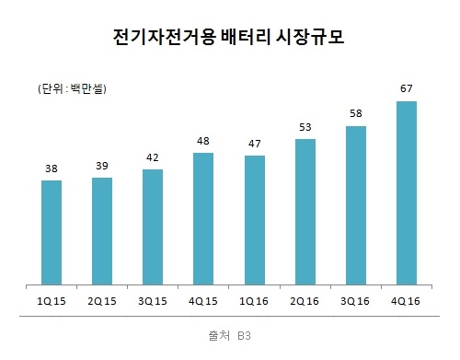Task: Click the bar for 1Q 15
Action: coord(52,232)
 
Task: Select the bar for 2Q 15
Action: coord(102,231)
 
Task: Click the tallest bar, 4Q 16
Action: coord(406,192)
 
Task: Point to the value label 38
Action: coord(52,169)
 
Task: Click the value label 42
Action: coord(154,158)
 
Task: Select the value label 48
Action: coord(204,142)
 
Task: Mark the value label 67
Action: coord(406,89)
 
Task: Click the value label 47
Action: coord(255,145)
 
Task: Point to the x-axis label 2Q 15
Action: coord(102,300)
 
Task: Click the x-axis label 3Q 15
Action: coord(154,300)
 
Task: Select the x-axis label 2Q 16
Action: coord(305,300)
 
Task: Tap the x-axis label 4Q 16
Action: coord(406,300)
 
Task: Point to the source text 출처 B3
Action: coord(229,335)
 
